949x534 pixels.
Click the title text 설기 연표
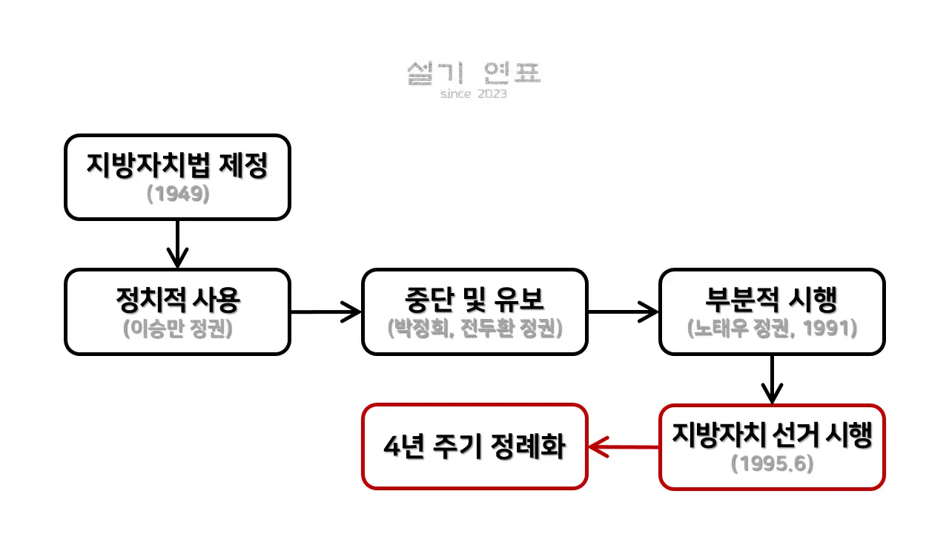click(474, 73)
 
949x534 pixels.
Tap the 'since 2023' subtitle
click(474, 94)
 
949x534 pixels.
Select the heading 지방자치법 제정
click(176, 165)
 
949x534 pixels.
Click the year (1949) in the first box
click(177, 194)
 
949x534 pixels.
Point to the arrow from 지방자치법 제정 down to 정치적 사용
click(177, 244)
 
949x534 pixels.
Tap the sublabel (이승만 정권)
click(177, 329)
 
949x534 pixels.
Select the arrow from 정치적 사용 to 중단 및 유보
click(325, 311)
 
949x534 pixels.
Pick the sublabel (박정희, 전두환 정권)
click(474, 329)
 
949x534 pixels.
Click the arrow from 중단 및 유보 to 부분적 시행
click(623, 311)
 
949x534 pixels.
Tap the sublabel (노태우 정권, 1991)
click(772, 329)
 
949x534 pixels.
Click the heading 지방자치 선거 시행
click(772, 435)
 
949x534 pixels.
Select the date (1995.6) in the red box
click(772, 464)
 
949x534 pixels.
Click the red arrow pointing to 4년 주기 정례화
click(624, 447)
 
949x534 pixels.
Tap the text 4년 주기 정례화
click(474, 447)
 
